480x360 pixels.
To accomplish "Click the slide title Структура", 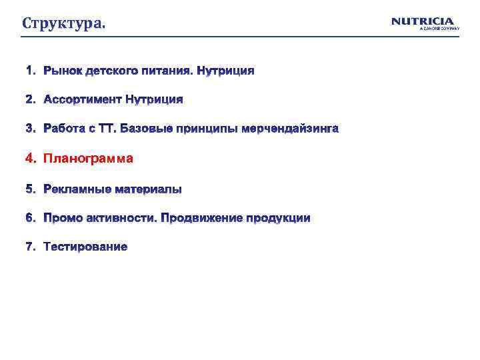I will pyautogui.click(x=63, y=24).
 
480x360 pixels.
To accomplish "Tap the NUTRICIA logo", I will pyautogui.click(x=422, y=21).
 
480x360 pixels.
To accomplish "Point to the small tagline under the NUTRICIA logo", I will pyautogui.click(x=439, y=29).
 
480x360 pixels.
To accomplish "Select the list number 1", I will pyautogui.click(x=29, y=70).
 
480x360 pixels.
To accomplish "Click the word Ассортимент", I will pyautogui.click(x=83, y=99).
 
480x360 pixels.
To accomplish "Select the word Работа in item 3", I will pyautogui.click(x=63, y=128).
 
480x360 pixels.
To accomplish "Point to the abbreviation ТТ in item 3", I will pyautogui.click(x=108, y=128).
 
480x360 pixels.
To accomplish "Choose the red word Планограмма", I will pyautogui.click(x=88, y=159).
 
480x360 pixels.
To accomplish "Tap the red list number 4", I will pyautogui.click(x=29, y=159).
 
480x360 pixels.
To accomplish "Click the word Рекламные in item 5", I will pyautogui.click(x=77, y=189).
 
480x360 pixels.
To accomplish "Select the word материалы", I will pyautogui.click(x=147, y=189).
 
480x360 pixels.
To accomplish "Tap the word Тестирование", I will pyautogui.click(x=85, y=247).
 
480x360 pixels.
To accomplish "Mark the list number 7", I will pyautogui.click(x=29, y=247).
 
